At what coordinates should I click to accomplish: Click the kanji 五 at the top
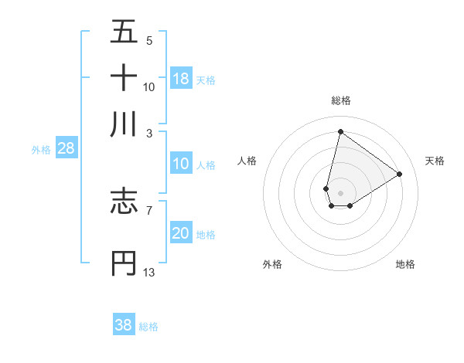click(x=124, y=32)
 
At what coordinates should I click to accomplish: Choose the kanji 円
click(x=124, y=263)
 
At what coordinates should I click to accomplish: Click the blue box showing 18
click(x=181, y=79)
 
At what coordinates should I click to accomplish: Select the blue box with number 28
click(x=66, y=149)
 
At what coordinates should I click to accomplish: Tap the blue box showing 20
click(x=181, y=233)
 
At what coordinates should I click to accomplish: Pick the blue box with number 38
click(x=124, y=325)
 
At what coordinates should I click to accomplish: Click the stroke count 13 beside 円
click(x=149, y=272)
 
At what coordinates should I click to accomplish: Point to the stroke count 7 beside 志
click(x=148, y=209)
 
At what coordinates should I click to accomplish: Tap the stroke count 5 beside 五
click(x=148, y=41)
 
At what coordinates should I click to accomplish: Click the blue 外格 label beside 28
click(x=41, y=150)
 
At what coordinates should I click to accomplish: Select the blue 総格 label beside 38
click(x=148, y=327)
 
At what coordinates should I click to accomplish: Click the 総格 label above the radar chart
click(x=340, y=100)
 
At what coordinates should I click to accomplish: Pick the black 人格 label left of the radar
click(x=247, y=161)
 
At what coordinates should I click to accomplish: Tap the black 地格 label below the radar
click(x=405, y=264)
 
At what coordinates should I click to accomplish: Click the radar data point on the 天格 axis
click(x=400, y=174)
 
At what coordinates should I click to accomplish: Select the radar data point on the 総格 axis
click(x=340, y=131)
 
